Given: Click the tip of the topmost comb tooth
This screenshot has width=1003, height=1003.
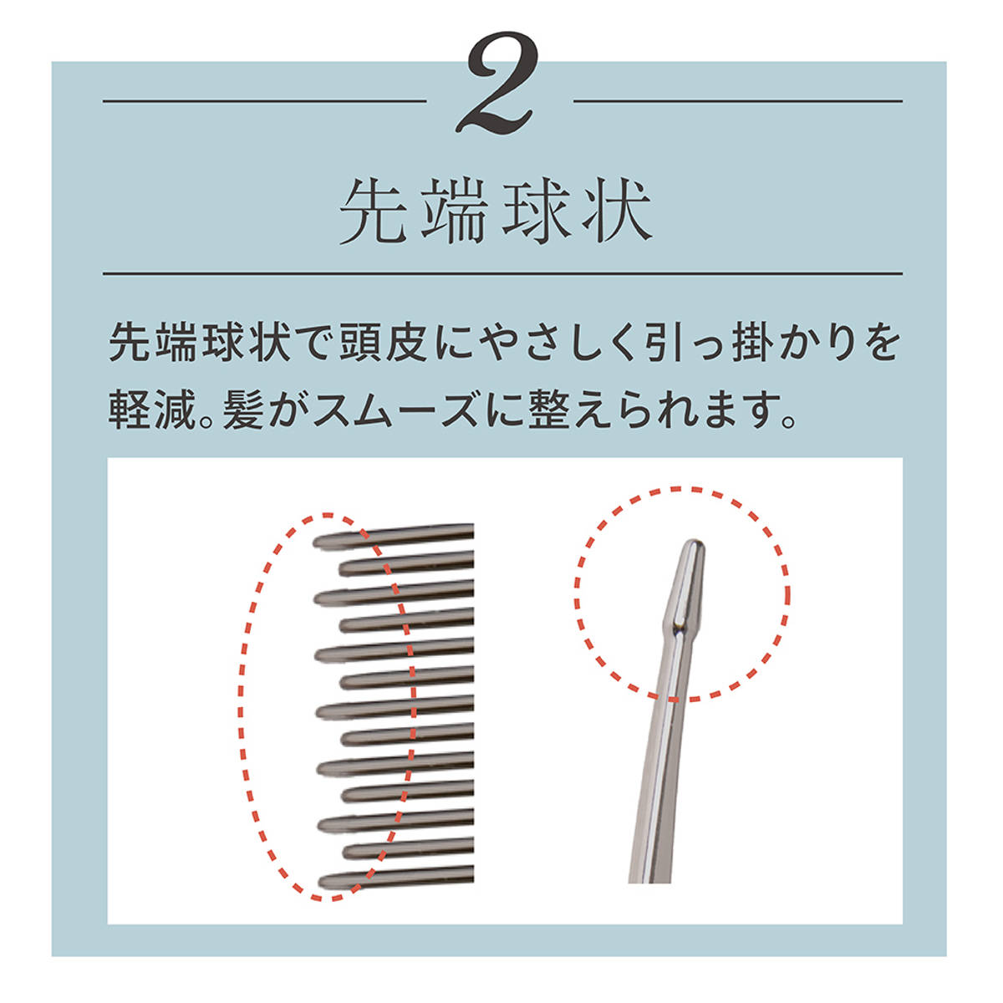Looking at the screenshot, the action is pos(314,543).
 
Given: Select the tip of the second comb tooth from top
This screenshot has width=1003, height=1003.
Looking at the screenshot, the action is pos(341,569).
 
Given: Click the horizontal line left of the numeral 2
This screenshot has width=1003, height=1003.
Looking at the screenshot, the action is pos(264,101).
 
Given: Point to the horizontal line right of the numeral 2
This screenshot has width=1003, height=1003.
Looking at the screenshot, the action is pos(737,101).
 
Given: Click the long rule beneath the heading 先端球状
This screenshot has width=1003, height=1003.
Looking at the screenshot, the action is pos(502,273).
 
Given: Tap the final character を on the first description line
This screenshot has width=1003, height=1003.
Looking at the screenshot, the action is pos(878,342).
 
